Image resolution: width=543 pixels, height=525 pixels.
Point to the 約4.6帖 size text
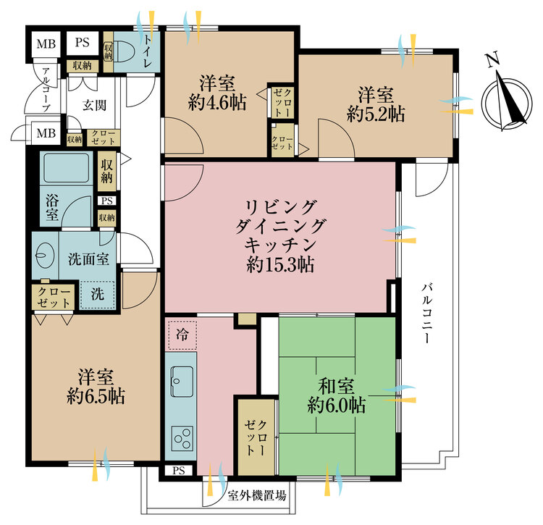(x=216, y=103)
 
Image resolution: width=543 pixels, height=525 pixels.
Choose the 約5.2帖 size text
(x=375, y=114)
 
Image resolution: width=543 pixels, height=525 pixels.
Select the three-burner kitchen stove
(x=182, y=437)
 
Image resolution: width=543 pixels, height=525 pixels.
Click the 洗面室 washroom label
(x=88, y=258)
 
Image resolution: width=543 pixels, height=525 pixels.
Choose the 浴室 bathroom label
(x=52, y=208)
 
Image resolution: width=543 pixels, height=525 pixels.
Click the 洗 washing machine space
(x=97, y=295)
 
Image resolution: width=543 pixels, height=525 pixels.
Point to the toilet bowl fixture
(x=125, y=51)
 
